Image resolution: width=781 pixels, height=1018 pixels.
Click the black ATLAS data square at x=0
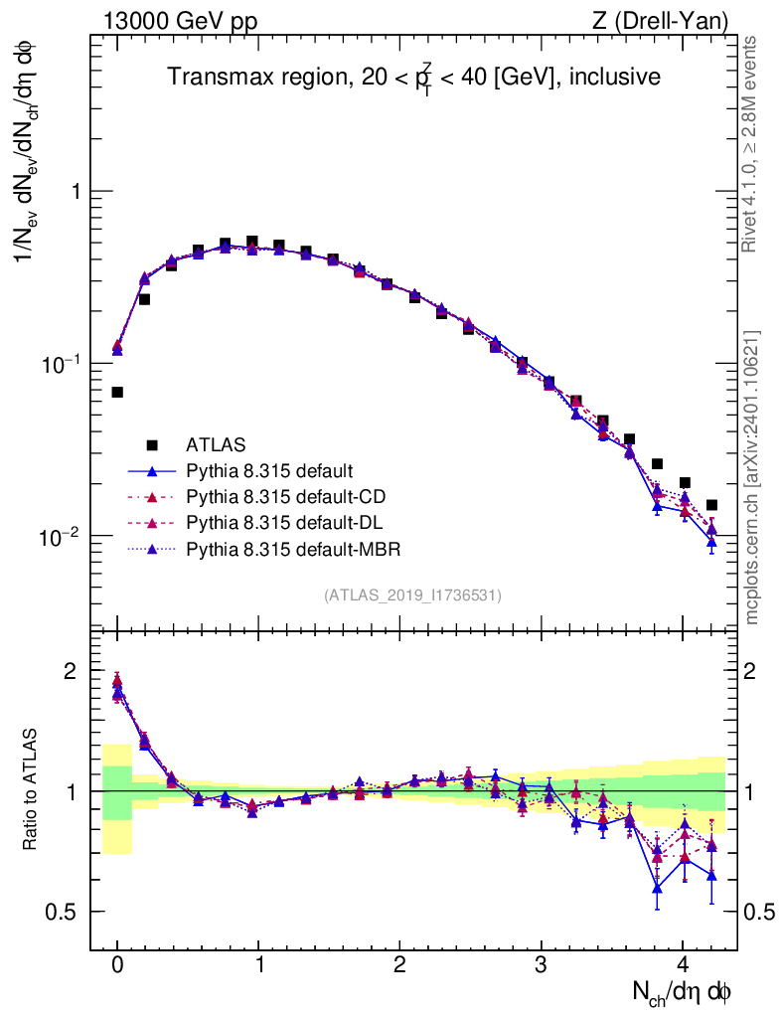(x=117, y=392)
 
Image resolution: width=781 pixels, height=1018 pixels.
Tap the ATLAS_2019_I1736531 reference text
(x=411, y=594)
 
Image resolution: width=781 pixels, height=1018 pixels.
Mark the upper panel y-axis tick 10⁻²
(x=62, y=537)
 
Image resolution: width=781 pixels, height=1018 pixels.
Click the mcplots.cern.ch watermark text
(x=752, y=478)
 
